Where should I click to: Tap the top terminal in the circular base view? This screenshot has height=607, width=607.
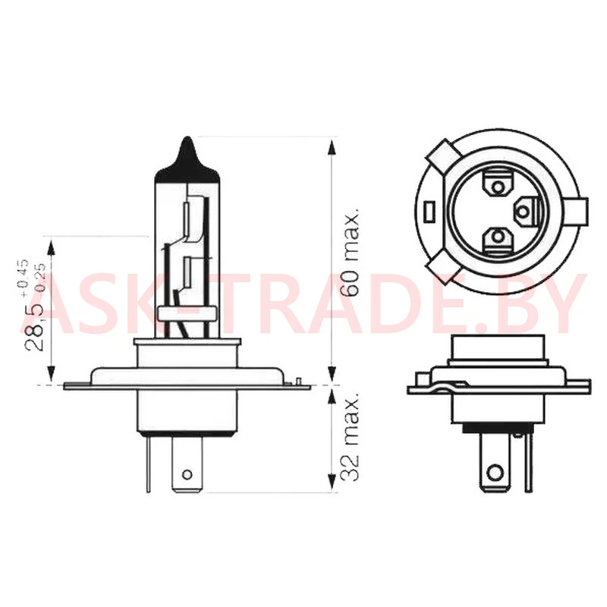pyautogui.click(x=498, y=184)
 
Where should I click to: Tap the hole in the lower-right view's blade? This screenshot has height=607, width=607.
pyautogui.click(x=495, y=472)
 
